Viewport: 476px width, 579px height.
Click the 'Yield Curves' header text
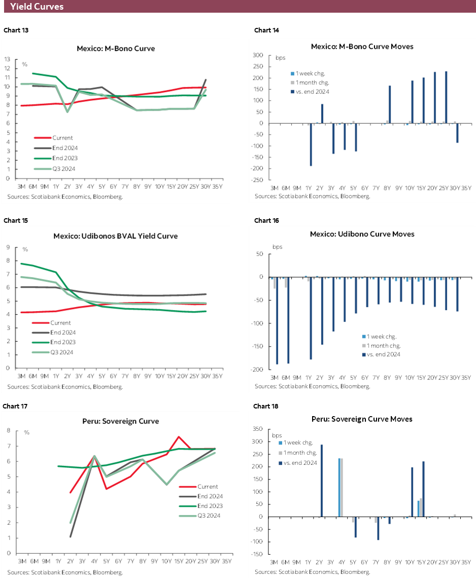tap(37, 7)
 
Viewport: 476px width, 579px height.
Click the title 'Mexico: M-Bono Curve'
tap(116, 49)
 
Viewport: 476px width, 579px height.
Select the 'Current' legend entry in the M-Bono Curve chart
tap(62, 138)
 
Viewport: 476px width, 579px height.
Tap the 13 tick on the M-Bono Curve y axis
tap(8, 59)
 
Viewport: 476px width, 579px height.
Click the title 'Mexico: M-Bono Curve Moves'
tap(362, 46)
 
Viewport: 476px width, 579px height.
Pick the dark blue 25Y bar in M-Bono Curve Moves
tap(446, 97)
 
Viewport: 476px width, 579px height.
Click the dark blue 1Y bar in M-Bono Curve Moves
tap(311, 145)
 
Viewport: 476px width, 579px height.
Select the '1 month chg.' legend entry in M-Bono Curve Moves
tap(311, 82)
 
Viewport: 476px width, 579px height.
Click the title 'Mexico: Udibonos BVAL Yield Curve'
tap(116, 236)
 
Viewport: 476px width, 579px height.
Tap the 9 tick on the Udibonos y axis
tap(9, 247)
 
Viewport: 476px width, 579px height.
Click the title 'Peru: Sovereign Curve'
tap(120, 421)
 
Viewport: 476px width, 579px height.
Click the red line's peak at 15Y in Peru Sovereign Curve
tap(179, 436)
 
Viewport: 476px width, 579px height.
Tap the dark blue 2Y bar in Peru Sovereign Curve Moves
tap(322, 481)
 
